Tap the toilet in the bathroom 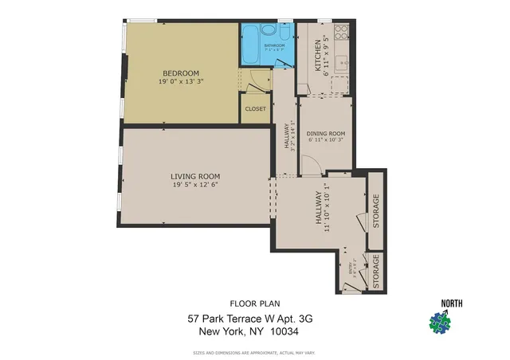pos(269,31)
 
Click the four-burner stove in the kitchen pos(341,33)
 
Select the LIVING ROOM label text pos(195,176)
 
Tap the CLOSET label pos(256,109)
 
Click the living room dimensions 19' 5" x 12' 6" pos(195,184)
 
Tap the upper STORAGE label pos(376,210)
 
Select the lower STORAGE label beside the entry pos(376,272)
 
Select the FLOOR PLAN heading pos(250,303)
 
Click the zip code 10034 pos(281,331)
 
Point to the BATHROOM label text pos(275,45)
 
